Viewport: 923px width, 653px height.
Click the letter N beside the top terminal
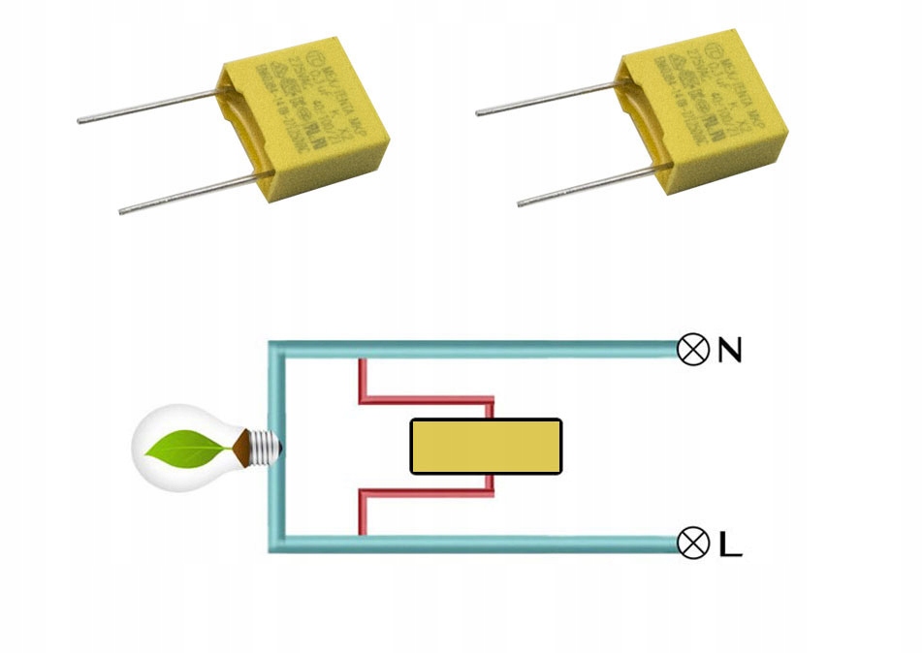(729, 350)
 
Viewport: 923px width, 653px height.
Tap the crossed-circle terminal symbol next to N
(692, 350)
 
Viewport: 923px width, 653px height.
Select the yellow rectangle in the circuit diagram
(486, 447)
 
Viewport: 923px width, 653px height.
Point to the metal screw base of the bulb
(265, 447)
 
